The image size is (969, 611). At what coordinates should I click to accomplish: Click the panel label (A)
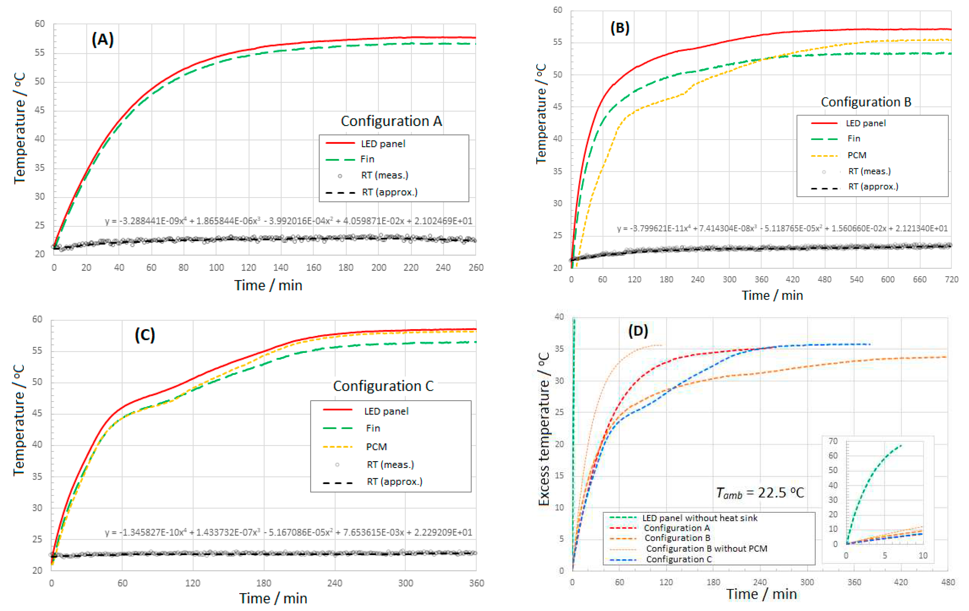pyautogui.click(x=103, y=40)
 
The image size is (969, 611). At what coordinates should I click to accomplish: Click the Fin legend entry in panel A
pyautogui.click(x=367, y=160)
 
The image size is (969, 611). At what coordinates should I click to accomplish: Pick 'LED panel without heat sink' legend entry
pyautogui.click(x=699, y=518)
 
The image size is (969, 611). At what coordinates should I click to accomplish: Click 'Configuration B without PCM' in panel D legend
pyautogui.click(x=706, y=549)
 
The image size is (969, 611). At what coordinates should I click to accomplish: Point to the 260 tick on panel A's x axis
pyautogui.click(x=476, y=268)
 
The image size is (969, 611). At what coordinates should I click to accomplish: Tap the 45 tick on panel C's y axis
pyautogui.click(x=37, y=413)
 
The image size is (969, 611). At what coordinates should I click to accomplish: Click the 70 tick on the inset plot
pyautogui.click(x=833, y=441)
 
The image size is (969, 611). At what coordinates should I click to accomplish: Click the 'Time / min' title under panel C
pyautogui.click(x=273, y=599)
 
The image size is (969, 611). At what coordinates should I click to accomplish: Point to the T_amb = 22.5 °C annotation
pyautogui.click(x=759, y=493)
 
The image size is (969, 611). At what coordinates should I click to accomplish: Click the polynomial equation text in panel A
pyautogui.click(x=289, y=221)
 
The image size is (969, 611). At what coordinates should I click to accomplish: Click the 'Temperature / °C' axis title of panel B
pyautogui.click(x=541, y=113)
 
